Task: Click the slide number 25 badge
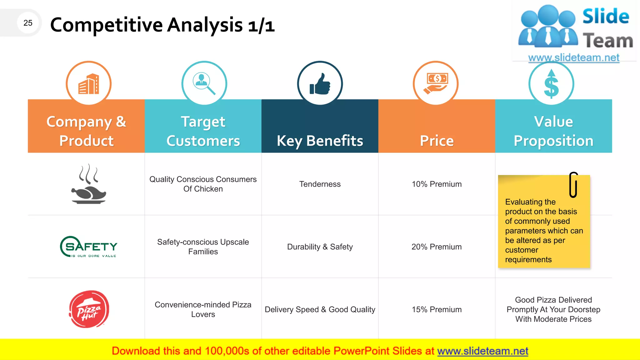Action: [28, 23]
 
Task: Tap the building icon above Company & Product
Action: [89, 84]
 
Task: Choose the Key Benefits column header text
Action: [320, 141]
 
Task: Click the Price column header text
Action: [437, 141]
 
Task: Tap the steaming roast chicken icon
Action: [89, 184]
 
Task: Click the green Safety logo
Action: [89, 247]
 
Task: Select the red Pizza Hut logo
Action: [89, 309]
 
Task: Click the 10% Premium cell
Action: [437, 184]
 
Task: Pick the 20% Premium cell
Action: [437, 247]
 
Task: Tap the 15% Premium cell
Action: [437, 309]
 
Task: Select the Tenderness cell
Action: [320, 184]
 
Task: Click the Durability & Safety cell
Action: [320, 247]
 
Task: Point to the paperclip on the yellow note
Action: [573, 185]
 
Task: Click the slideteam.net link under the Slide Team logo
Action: [574, 58]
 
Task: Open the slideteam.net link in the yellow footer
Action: [482, 351]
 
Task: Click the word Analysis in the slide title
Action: [205, 25]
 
